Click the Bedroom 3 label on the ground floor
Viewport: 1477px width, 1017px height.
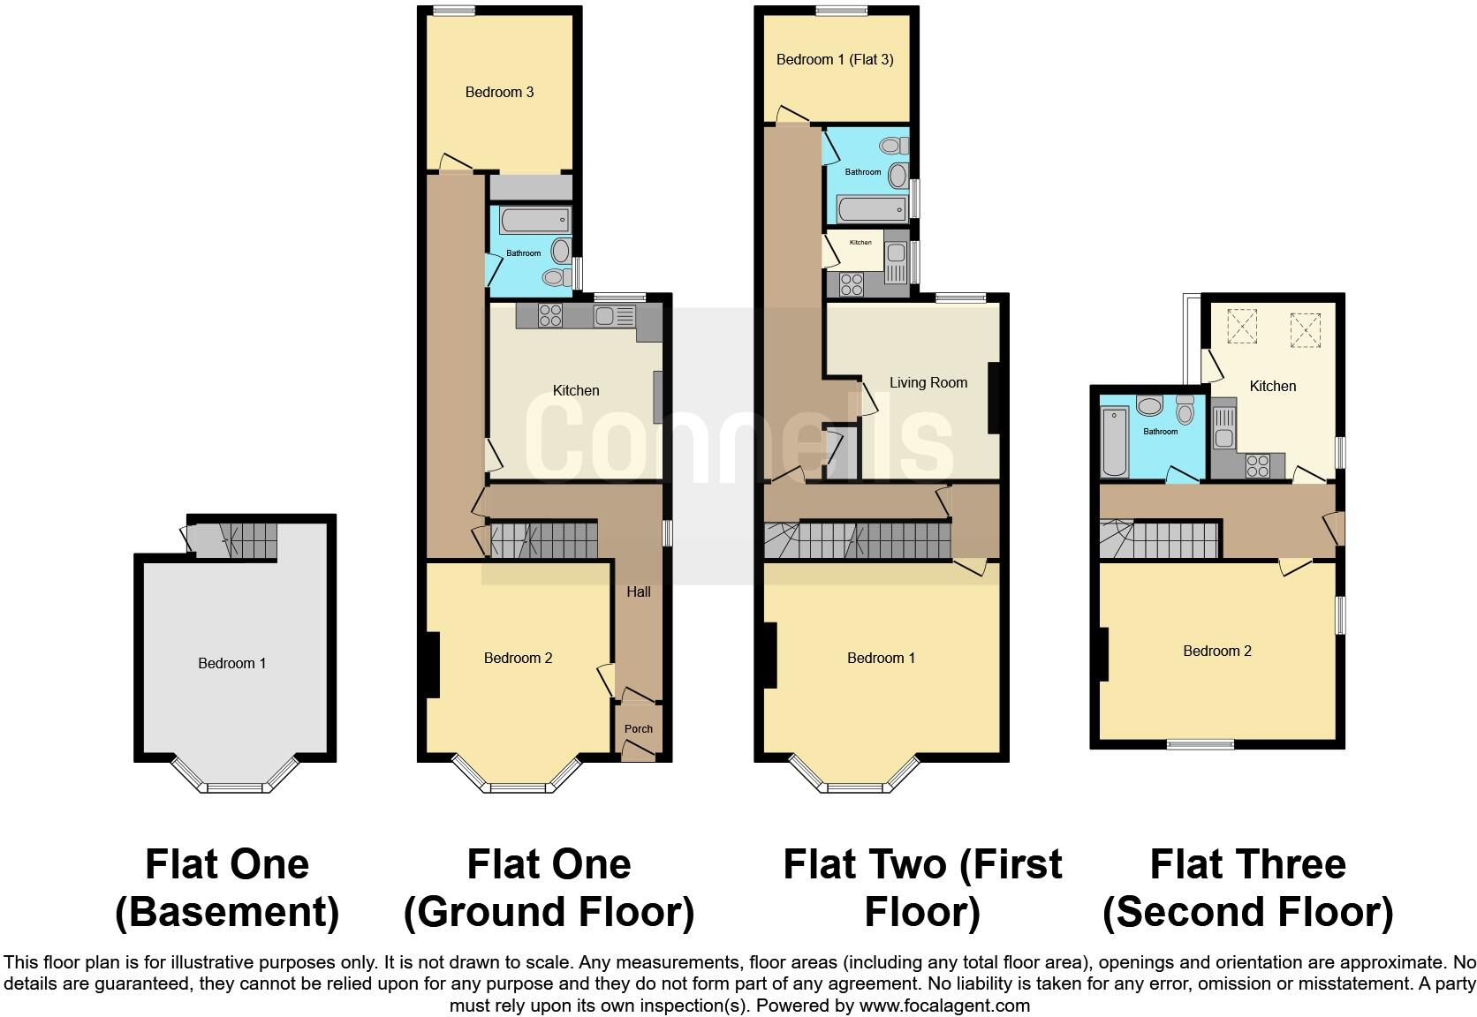(x=499, y=92)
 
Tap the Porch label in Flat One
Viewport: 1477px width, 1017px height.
(x=638, y=729)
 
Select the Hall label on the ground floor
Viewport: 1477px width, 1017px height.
(x=638, y=591)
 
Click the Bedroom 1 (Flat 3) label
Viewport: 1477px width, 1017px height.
(x=834, y=60)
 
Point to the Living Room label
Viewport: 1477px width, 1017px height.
(x=928, y=383)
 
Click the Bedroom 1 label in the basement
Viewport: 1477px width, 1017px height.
(x=231, y=663)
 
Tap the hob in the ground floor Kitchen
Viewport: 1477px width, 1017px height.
(x=549, y=315)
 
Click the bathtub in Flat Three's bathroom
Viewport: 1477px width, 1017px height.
(x=1115, y=441)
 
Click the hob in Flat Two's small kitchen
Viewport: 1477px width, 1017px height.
(x=852, y=284)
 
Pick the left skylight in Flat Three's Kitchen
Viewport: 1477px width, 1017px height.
(x=1242, y=325)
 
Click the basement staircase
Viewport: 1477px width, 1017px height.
(x=235, y=538)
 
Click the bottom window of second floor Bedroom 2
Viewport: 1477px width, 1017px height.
(x=1200, y=744)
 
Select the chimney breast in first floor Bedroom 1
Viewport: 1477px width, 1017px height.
(x=769, y=655)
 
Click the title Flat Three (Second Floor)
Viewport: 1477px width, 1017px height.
(x=1247, y=888)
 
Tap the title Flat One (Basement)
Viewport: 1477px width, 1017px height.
(x=227, y=888)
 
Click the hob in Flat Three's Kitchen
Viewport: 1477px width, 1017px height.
(x=1258, y=465)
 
